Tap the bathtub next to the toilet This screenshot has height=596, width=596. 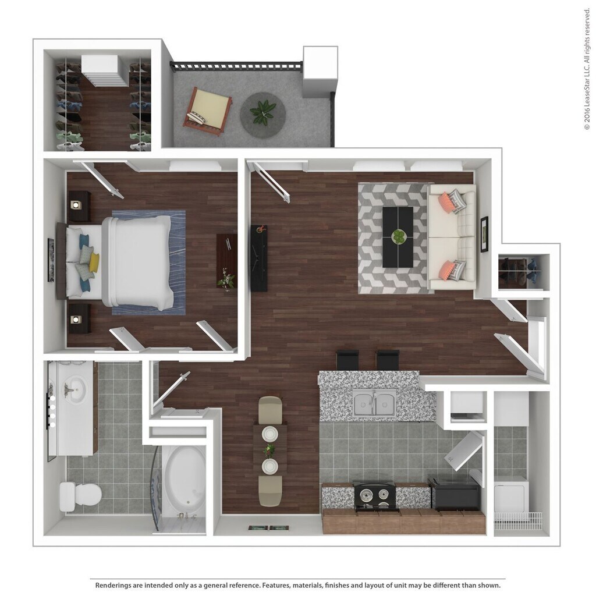184,480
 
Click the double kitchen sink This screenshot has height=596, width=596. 374,402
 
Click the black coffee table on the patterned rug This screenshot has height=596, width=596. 398,237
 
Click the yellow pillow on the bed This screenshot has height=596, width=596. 94,262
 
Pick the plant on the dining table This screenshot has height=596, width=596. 269,450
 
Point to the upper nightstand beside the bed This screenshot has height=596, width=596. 79,206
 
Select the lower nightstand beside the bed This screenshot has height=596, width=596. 79,318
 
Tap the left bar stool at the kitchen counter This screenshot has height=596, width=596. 347,360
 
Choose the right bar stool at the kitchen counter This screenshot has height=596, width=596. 387,360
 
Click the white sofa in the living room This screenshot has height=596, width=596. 453,237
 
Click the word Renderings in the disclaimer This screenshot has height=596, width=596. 116,585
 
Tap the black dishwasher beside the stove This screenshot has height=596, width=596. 454,494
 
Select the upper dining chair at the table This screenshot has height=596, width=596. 269,409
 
